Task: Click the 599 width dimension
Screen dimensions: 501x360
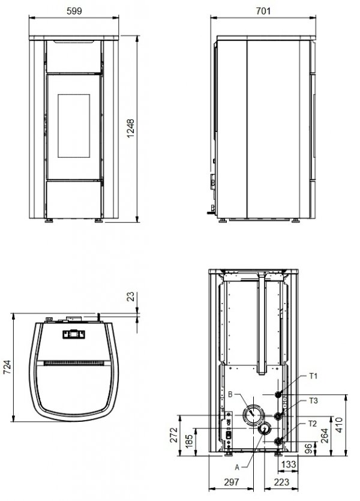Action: pos(74,10)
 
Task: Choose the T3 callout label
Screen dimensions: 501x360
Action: pos(313,400)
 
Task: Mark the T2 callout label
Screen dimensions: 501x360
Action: pos(313,423)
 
